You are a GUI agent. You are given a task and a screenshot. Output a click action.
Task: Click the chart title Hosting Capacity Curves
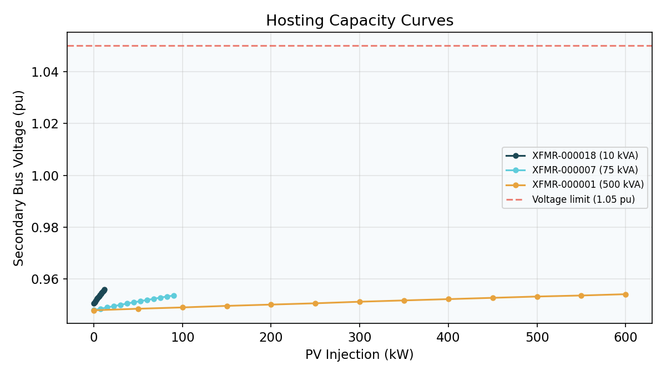[360, 21]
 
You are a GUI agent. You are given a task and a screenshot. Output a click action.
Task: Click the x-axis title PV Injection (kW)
[359, 354]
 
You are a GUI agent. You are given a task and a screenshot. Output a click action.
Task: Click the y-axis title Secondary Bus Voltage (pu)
[19, 178]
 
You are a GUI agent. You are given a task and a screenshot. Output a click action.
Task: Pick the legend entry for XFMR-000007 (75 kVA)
[585, 170]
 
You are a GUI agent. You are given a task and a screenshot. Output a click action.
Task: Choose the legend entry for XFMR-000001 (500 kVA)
[588, 184]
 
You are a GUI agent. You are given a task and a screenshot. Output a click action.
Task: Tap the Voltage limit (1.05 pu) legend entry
[583, 199]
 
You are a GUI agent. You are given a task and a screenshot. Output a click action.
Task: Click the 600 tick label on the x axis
[625, 337]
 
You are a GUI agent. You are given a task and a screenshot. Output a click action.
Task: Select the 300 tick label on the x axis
[360, 337]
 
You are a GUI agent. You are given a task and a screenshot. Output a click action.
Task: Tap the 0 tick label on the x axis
[94, 337]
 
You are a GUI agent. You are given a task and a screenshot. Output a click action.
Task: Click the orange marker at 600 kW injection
[625, 294]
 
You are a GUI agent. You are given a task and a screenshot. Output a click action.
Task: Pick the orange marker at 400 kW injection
[448, 299]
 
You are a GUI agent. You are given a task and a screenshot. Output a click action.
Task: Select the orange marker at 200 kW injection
[271, 304]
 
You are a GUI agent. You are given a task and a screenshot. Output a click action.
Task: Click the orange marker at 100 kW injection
[183, 307]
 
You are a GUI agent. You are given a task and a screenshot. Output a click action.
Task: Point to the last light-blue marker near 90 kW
[174, 296]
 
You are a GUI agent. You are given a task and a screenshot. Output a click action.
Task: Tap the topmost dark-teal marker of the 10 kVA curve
[104, 289]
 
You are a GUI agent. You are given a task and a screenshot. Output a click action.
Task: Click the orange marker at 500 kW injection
[537, 297]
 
